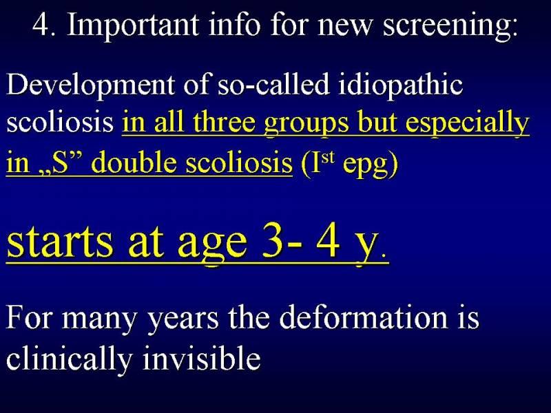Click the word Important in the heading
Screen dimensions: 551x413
(133, 25)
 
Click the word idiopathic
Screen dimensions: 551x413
(400, 85)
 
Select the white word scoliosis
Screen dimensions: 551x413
(60, 123)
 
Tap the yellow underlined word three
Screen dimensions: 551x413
(225, 123)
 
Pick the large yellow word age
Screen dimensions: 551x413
(212, 245)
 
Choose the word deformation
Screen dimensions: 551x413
(364, 318)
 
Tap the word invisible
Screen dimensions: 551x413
(202, 357)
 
